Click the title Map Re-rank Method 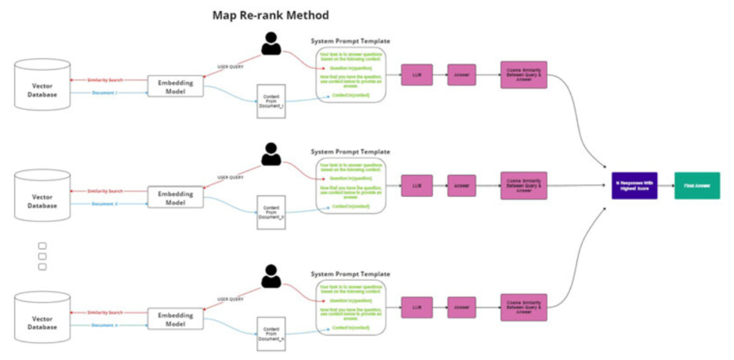point(271,15)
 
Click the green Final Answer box point(696,186)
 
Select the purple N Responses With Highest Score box point(634,186)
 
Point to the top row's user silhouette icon point(271,44)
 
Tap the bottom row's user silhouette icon point(271,276)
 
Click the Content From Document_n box point(271,335)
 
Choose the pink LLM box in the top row point(416,75)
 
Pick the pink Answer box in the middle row point(462,186)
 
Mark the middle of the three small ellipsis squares point(42,256)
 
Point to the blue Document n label point(104,324)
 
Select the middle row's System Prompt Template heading point(350,152)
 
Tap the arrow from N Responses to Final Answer point(666,186)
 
